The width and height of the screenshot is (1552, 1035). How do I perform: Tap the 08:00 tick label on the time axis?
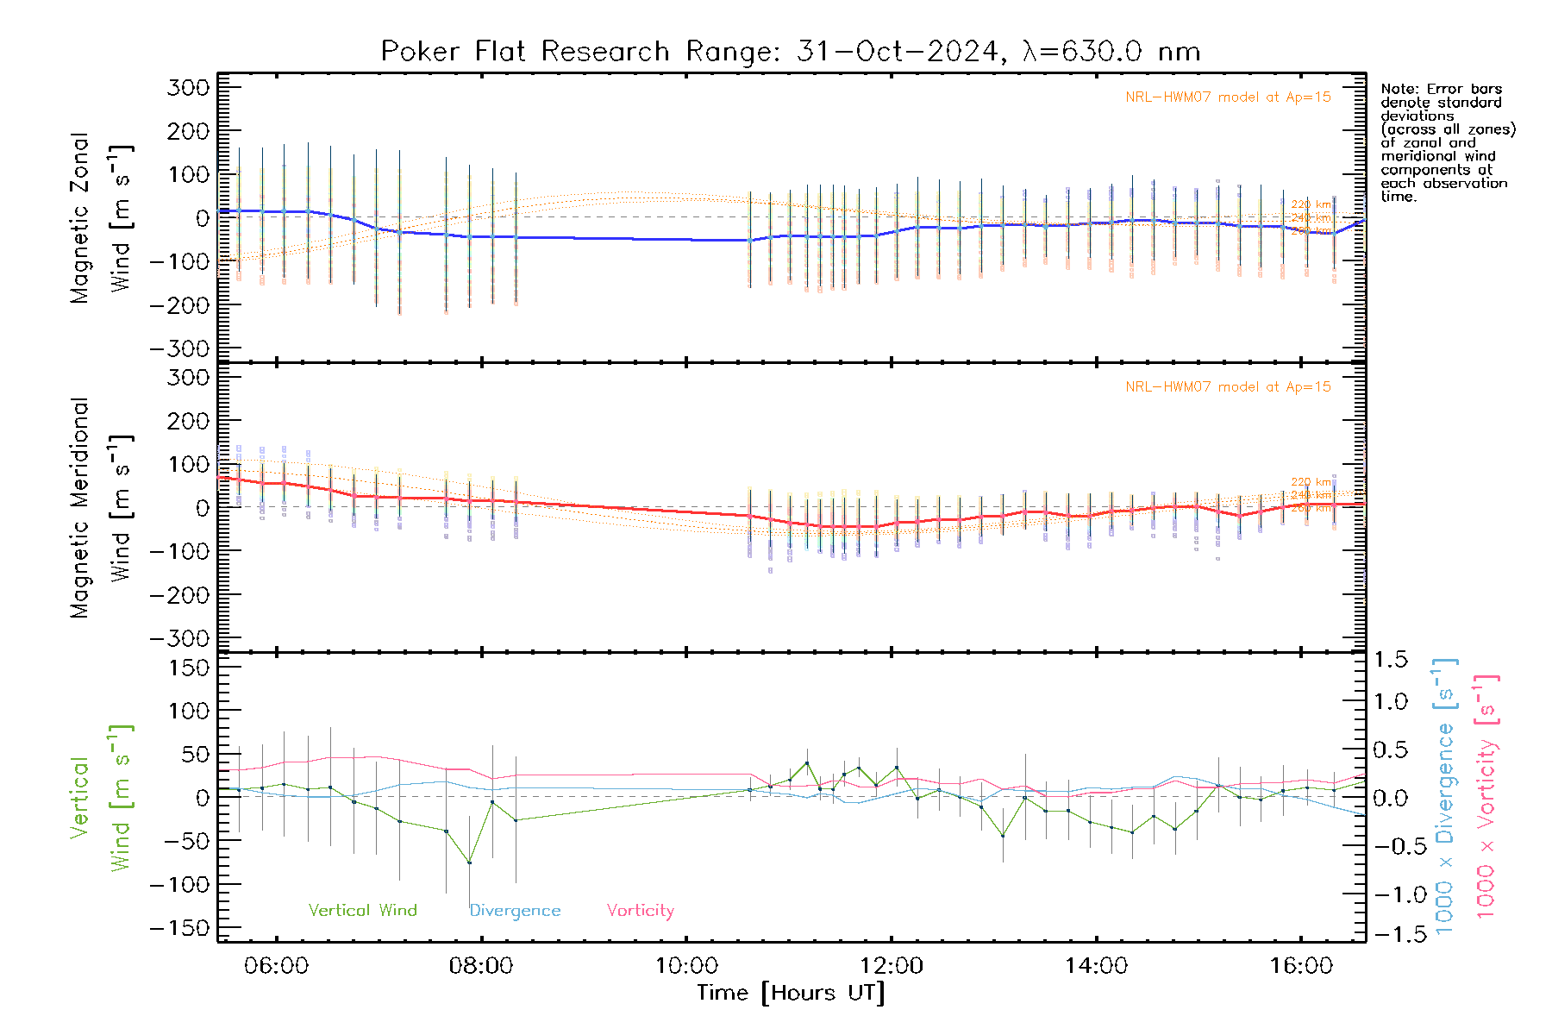(481, 966)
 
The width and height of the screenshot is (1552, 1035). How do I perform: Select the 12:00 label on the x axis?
(891, 966)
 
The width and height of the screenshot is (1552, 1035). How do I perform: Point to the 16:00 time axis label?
(1301, 966)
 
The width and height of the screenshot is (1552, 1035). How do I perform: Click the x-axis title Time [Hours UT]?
(791, 993)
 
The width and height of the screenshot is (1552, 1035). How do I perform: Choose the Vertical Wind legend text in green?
(362, 910)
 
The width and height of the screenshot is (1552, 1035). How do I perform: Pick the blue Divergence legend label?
(515, 911)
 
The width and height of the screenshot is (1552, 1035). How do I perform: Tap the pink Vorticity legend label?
(640, 910)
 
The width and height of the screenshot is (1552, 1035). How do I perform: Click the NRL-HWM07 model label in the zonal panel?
(1228, 97)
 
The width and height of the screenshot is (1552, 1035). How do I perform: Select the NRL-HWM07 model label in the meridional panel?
(1228, 387)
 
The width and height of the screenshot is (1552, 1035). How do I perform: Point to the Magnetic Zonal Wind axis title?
(102, 217)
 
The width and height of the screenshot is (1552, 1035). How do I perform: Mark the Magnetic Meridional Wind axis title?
(102, 507)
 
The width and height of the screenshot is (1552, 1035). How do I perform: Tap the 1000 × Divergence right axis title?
(1445, 796)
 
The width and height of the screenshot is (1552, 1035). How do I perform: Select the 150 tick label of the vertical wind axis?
(190, 668)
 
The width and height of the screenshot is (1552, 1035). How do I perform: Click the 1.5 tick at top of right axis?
(1390, 660)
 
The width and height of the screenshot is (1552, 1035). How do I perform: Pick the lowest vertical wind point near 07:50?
(469, 862)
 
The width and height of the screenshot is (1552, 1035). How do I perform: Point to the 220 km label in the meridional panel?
(1311, 482)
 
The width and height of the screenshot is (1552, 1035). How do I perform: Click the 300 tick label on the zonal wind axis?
(189, 87)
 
